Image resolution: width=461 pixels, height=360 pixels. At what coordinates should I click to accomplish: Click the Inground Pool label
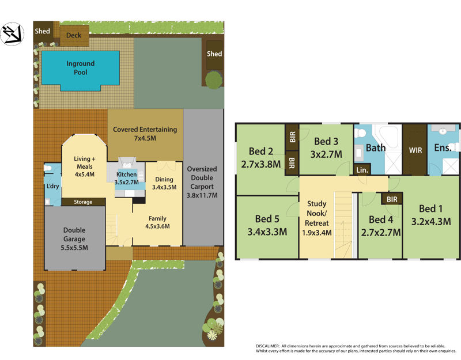80,68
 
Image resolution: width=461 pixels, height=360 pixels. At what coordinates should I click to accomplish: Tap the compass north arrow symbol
12,34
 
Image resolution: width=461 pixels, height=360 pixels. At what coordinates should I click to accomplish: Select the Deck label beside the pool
74,36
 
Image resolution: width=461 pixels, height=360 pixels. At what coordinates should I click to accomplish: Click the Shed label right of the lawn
214,54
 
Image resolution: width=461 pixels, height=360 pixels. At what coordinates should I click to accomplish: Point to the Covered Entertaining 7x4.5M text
145,134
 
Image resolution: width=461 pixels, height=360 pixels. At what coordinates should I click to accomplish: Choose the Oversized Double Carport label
202,182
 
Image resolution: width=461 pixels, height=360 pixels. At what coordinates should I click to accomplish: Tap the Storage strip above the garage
84,202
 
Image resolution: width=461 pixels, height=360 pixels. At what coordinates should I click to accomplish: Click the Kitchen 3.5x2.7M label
127,178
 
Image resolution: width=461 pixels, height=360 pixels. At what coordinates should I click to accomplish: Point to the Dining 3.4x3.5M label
164,183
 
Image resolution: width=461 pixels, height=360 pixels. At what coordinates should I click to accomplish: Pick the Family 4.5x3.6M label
158,222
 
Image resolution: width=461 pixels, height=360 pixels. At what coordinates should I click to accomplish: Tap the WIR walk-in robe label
415,149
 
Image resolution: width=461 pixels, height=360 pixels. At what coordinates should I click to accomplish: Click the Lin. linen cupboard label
362,170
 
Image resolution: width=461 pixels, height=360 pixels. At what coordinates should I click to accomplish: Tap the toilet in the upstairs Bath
361,132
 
